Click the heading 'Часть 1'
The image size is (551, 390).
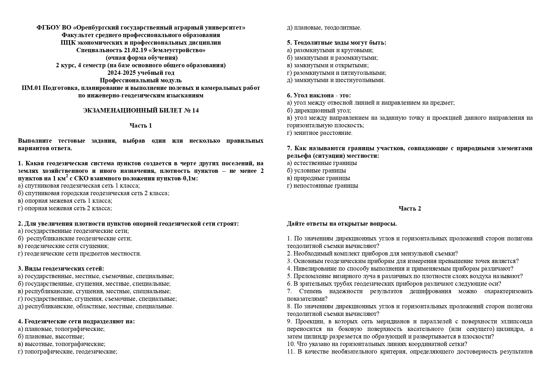pos(141,126)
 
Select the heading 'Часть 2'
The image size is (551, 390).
pos(410,209)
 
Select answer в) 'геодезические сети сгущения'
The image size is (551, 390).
pos(63,246)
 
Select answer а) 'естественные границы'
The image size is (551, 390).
pos(322,163)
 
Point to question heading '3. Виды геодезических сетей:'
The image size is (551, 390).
pos(61,269)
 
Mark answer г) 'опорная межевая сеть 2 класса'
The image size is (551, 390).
pos(65,208)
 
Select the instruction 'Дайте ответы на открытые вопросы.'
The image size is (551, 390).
pos(342,224)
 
